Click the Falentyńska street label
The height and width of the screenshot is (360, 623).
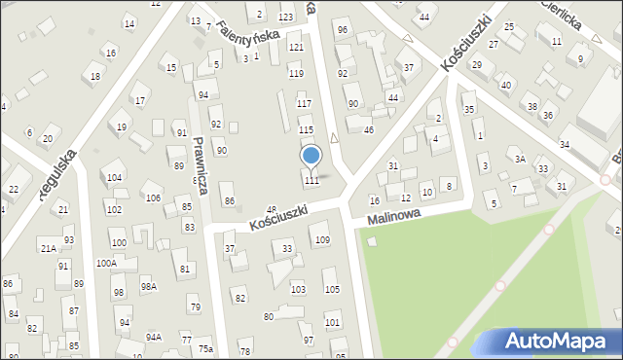coord(247,37)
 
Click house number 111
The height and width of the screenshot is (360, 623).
coord(311,180)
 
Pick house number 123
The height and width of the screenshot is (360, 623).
coord(285,18)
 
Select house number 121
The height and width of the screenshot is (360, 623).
coord(296,47)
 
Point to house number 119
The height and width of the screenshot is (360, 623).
coord(296,73)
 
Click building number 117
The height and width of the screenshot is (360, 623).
coord(304,103)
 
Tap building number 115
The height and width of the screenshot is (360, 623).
coord(306,129)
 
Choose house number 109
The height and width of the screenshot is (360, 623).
coord(322,239)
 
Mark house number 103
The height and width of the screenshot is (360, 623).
coord(298,290)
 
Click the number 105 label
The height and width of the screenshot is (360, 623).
coord(331,289)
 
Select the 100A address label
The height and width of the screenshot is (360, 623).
coord(106,263)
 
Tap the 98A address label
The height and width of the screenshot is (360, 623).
coord(149,286)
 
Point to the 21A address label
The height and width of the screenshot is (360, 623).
coord(48,248)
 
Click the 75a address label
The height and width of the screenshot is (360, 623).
coord(204,348)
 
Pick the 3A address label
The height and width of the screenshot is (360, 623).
coord(520,159)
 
